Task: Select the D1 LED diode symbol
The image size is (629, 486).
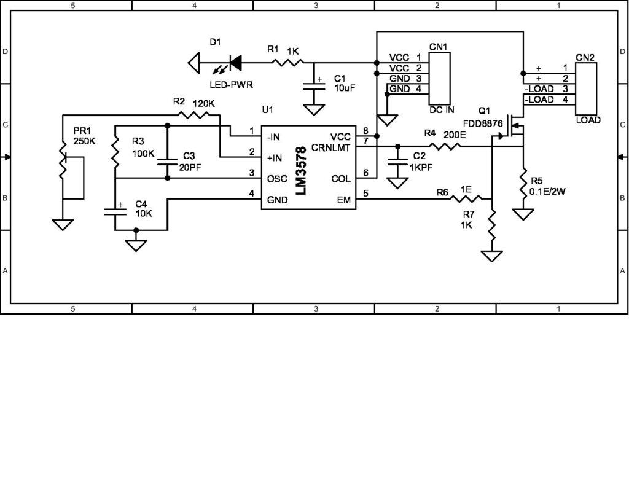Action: [234, 61]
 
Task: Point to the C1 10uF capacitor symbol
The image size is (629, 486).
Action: [315, 87]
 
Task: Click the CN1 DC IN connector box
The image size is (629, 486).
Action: [439, 78]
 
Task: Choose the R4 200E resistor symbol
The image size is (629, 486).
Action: [445, 146]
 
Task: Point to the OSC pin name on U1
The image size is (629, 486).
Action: [273, 178]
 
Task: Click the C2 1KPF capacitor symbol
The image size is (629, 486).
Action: [397, 162]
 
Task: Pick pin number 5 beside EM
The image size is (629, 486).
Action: [366, 194]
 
